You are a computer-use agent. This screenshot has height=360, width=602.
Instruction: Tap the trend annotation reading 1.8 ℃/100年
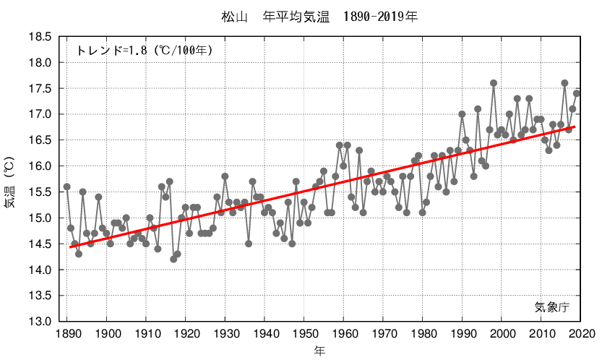coord(144,51)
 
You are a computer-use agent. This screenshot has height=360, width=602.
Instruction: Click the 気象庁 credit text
coord(552,307)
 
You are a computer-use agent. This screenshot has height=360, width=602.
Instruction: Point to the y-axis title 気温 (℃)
coord(9,184)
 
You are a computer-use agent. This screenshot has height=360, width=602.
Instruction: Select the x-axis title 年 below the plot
coord(319,351)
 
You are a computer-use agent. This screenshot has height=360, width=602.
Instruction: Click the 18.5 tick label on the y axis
coord(40,37)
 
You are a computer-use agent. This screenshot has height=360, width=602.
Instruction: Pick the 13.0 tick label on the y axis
coord(40,322)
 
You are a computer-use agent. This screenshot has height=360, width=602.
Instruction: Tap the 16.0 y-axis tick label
coord(40,166)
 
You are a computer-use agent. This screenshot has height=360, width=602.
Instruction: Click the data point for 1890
coord(67,187)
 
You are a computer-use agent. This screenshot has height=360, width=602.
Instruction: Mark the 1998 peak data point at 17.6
coord(494,83)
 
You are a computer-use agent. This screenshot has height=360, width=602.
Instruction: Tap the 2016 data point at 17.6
coord(564,83)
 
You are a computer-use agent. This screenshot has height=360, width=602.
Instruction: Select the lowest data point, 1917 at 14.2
coord(173,259)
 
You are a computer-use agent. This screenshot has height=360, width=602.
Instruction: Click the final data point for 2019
coord(577,93)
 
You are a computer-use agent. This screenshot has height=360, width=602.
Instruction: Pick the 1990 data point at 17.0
coord(462,114)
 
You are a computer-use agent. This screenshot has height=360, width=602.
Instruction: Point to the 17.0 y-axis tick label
coord(40,114)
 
